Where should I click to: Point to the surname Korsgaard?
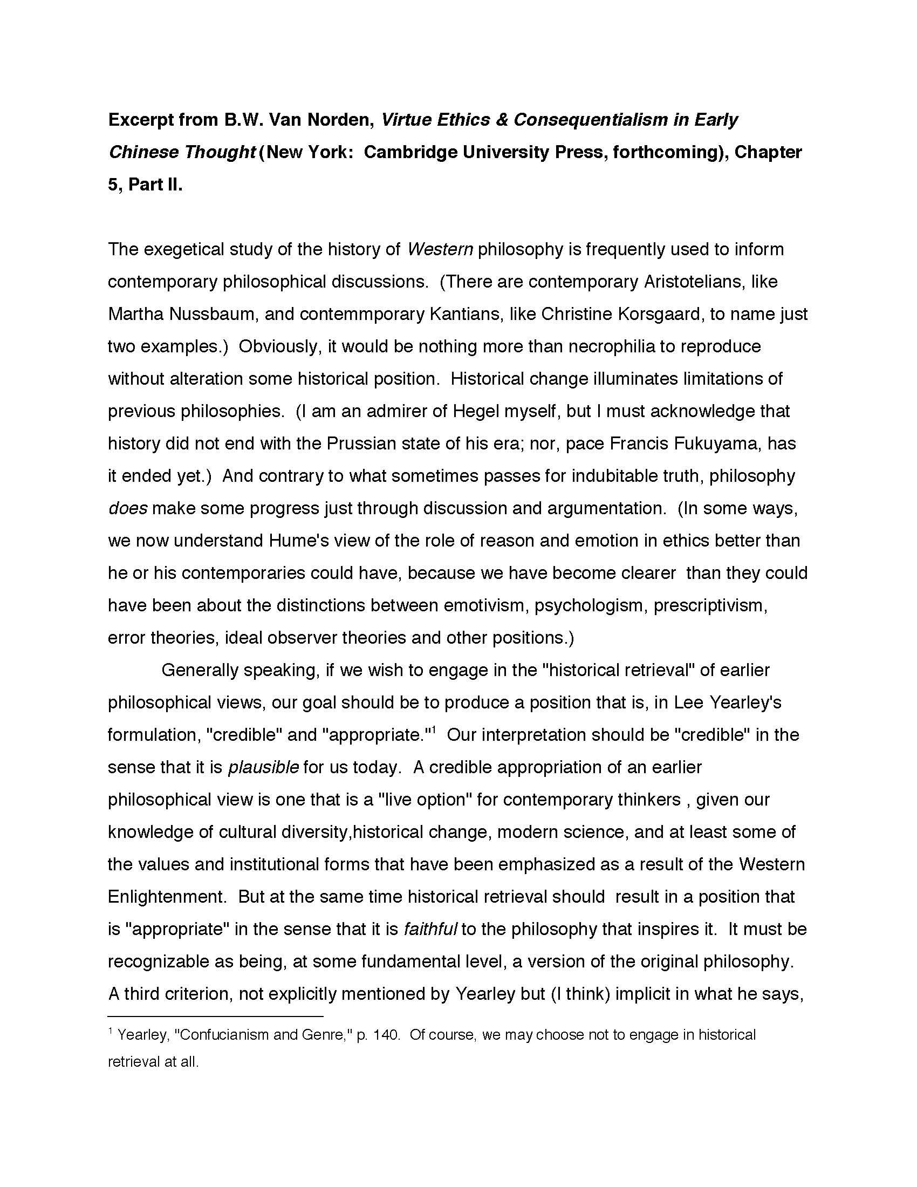(x=647, y=314)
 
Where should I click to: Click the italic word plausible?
(x=263, y=767)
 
